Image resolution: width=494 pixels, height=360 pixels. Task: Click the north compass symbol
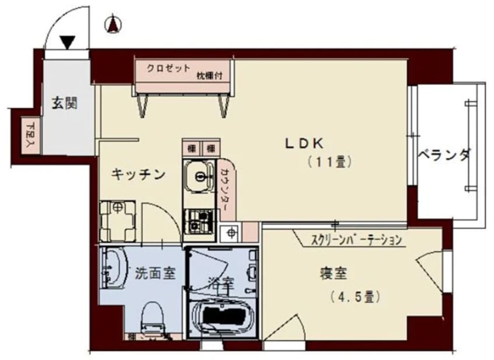coord(113,25)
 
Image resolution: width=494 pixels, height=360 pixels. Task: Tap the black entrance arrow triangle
coord(68,43)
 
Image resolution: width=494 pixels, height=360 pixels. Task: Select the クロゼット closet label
coord(168,68)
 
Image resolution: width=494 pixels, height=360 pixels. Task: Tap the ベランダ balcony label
coord(444,156)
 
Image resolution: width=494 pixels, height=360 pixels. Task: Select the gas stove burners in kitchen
coord(199,221)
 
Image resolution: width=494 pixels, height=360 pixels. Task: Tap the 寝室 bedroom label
coord(333,273)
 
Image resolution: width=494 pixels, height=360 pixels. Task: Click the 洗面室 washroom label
coord(155,272)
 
